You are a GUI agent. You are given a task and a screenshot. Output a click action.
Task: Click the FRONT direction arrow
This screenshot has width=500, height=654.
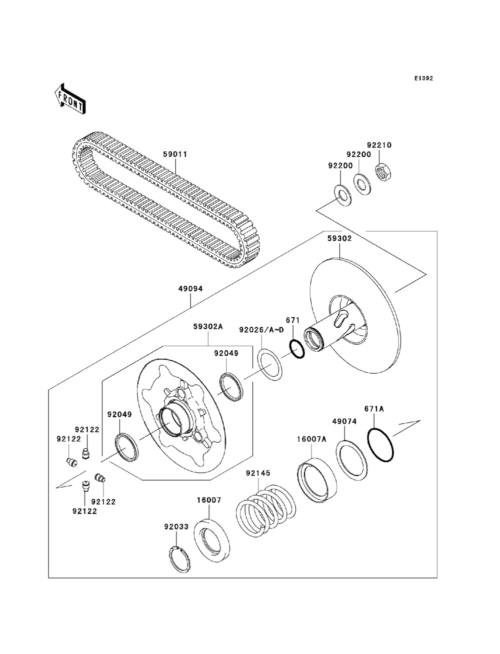coord(70,98)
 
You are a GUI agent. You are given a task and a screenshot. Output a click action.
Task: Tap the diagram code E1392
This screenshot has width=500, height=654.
coord(423,78)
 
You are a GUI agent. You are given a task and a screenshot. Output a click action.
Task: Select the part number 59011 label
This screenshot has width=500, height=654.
coord(175,154)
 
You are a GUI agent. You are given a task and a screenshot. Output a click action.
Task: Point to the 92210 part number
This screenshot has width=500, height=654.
coord(379,145)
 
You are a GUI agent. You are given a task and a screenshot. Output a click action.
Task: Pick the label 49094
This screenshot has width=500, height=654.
coord(190,289)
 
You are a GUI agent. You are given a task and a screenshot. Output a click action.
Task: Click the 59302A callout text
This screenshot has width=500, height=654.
coord(208,327)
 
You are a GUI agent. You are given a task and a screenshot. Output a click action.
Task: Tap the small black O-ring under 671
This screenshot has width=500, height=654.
coord(296,349)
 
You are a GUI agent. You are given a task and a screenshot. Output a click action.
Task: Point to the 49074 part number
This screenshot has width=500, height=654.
coord(344,422)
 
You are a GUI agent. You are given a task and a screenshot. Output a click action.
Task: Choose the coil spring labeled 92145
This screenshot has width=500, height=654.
coord(266,509)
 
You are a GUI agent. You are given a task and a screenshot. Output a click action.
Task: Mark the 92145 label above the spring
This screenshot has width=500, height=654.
coord(258,473)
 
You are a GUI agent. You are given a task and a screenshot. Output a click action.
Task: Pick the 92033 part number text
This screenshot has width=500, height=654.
coord(176,527)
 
